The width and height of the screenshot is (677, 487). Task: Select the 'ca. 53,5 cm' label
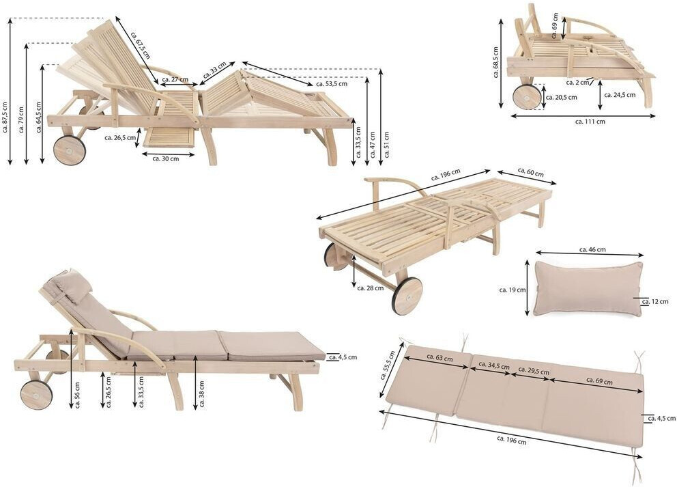pos(331,84)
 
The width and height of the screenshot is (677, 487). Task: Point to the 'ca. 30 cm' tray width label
pos(165,158)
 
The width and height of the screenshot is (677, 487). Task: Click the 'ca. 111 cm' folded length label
pos(590,121)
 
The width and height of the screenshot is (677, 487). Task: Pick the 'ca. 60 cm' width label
pos(530,172)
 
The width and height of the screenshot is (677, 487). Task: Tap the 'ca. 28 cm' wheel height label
pos(370,288)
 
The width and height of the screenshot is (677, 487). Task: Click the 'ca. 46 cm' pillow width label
pos(592,250)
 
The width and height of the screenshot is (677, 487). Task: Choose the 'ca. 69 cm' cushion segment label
pos(598,381)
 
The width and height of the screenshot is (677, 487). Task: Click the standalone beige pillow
pos(588,289)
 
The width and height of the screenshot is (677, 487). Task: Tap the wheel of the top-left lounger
pos(70,150)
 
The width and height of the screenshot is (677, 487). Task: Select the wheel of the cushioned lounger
pos(36,395)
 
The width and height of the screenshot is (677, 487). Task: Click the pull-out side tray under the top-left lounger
pos(169,137)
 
